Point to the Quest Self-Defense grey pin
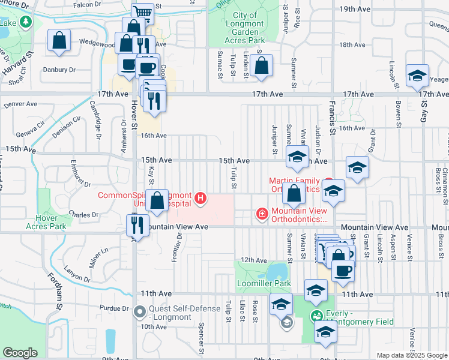(140, 311)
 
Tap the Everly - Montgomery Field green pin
(315, 315)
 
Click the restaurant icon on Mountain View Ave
(137, 225)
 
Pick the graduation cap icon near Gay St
(417, 76)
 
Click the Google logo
(20, 352)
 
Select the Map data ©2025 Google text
(411, 355)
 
